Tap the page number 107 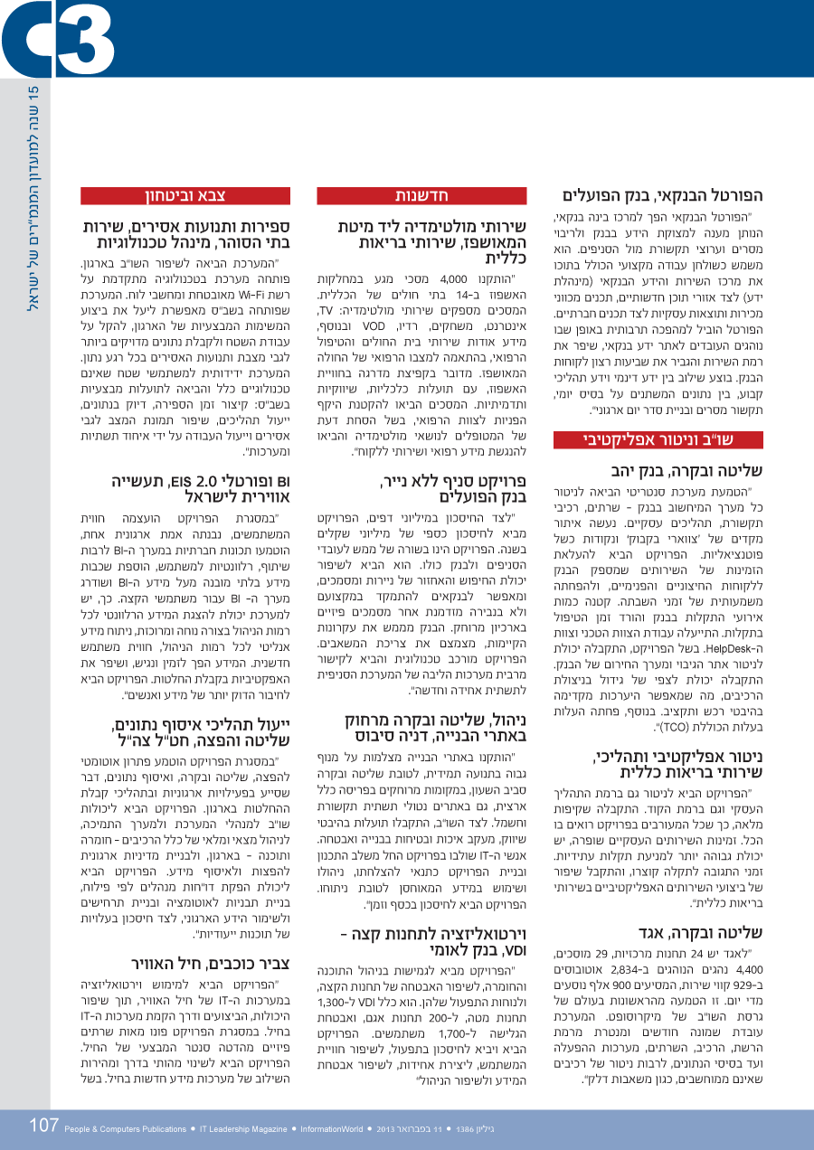[x=43, y=1126]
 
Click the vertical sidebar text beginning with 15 [x=36, y=199]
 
